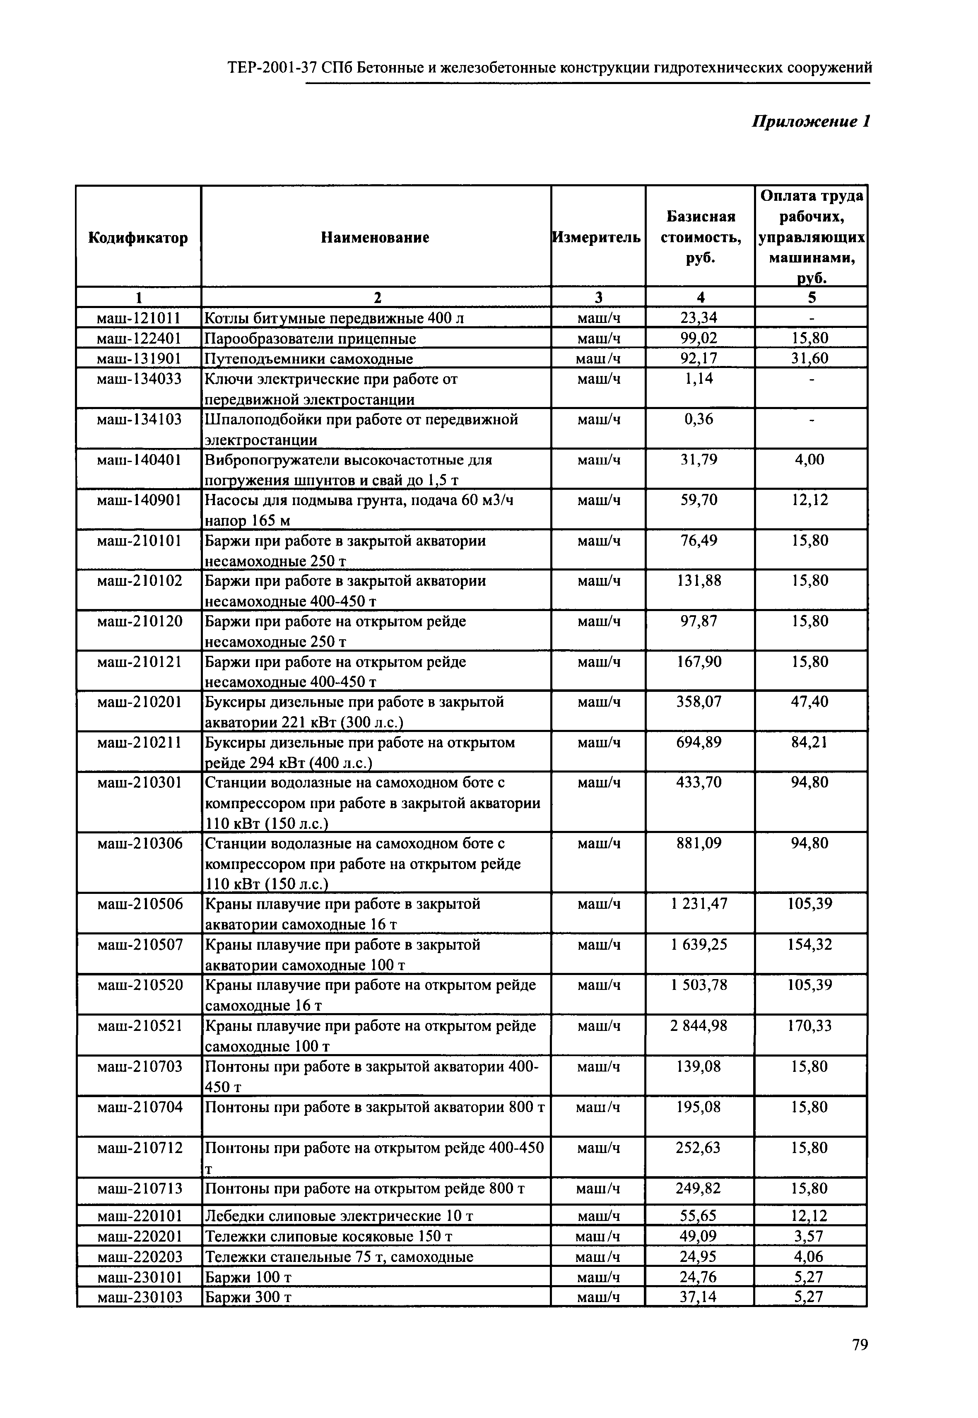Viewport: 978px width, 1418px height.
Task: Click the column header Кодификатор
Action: coord(138,238)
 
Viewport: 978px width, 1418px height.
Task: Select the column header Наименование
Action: coord(375,238)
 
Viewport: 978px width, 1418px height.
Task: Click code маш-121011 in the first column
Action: coord(139,318)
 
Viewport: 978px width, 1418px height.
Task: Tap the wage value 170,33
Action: coord(809,1025)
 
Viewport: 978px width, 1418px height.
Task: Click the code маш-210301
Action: coord(140,782)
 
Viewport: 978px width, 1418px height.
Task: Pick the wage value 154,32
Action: coord(809,944)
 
